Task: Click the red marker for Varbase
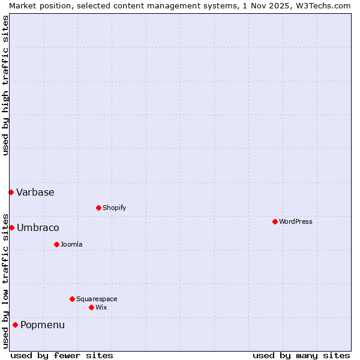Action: coord(11,192)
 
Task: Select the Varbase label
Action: coord(35,193)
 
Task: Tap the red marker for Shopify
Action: coord(98,208)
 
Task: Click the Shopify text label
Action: coord(114,208)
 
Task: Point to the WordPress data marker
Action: coord(275,221)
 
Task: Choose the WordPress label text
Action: coord(295,222)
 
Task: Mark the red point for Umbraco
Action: coord(11,227)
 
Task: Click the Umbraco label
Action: coord(38,228)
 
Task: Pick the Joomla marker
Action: coord(56,244)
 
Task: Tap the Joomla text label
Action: coord(71,245)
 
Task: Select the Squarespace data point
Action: coord(72,299)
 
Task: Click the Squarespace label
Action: coord(97,299)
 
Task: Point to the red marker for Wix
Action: coord(91,307)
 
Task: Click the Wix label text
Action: coord(101,308)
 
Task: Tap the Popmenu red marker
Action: coord(15,325)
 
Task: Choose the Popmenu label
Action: coord(43,325)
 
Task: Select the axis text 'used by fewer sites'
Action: coord(62,355)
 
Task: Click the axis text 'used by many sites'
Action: coord(301,355)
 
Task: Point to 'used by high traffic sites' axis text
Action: coord(5,85)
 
